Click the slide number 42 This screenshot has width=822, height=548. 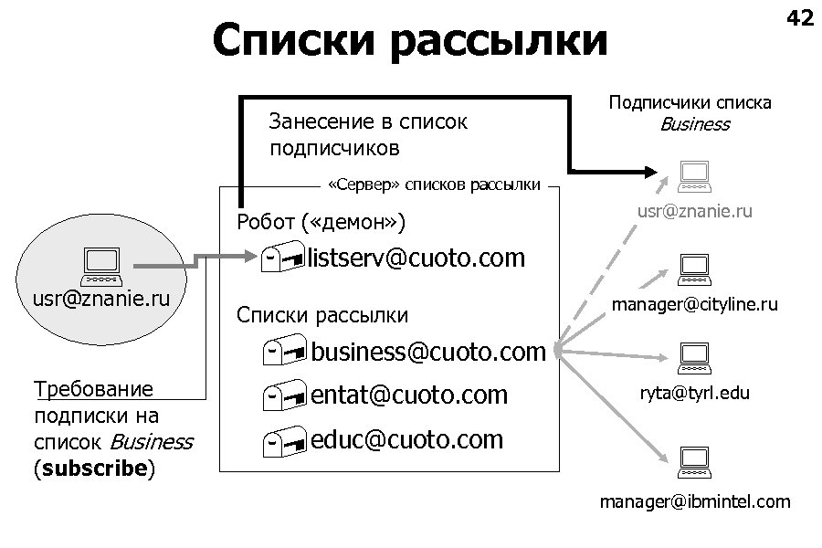coord(799,17)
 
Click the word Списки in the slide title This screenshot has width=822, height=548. coord(297,41)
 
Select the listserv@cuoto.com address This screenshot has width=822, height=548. coord(416,258)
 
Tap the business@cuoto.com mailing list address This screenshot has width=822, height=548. coord(428,352)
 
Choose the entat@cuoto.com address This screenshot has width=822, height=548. coord(409,395)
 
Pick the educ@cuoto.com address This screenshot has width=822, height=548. coord(407,439)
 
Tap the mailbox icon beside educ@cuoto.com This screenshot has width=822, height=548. coord(281,442)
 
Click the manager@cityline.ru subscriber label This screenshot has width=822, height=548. coord(695,304)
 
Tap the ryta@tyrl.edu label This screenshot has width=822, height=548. coord(695,394)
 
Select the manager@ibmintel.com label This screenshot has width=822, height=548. coord(695,501)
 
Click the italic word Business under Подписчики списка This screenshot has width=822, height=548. coord(695,124)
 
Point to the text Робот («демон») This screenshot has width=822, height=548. coord(321,222)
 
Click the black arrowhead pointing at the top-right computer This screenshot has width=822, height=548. coord(649,171)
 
